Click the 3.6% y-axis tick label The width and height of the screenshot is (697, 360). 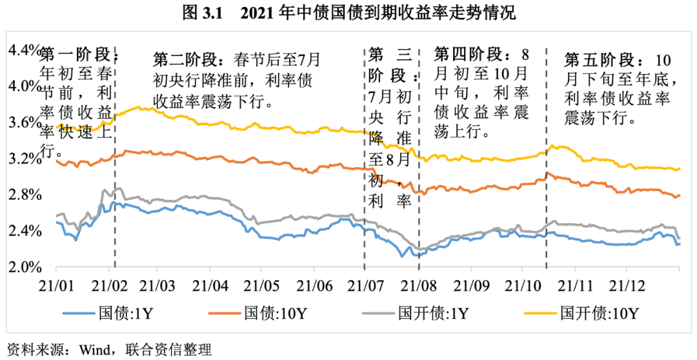pyautogui.click(x=23, y=123)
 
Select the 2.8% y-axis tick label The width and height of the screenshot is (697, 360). pyautogui.click(x=23, y=195)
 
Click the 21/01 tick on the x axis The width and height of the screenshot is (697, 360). pyautogui.click(x=56, y=284)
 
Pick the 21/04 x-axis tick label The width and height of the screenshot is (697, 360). pyautogui.click(x=210, y=284)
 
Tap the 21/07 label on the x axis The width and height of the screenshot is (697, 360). pyautogui.click(x=365, y=284)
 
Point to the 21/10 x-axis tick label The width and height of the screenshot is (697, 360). pyautogui.click(x=523, y=284)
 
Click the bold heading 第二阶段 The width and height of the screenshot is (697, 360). pyautogui.click(x=182, y=59)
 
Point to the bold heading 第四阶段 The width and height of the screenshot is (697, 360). pyautogui.click(x=463, y=52)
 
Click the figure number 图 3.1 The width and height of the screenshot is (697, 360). pyautogui.click(x=202, y=14)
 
